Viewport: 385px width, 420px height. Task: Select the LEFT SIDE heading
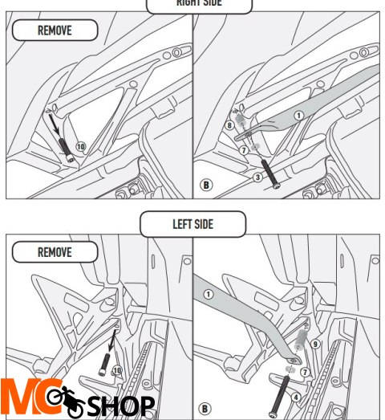point(192,223)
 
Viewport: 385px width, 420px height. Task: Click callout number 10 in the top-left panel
point(80,146)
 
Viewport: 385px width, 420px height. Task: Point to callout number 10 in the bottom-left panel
point(117,370)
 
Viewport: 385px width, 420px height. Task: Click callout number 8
point(229,125)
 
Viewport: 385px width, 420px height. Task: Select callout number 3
point(258,176)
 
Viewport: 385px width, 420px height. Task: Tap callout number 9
point(316,345)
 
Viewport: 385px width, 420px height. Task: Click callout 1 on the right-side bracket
point(298,116)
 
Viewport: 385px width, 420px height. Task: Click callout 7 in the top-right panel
point(244,150)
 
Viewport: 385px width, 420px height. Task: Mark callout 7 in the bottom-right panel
point(305,373)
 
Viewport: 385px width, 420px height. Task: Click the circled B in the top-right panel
point(206,186)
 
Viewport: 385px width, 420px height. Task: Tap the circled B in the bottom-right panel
point(206,408)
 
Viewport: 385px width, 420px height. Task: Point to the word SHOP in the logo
point(120,406)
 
